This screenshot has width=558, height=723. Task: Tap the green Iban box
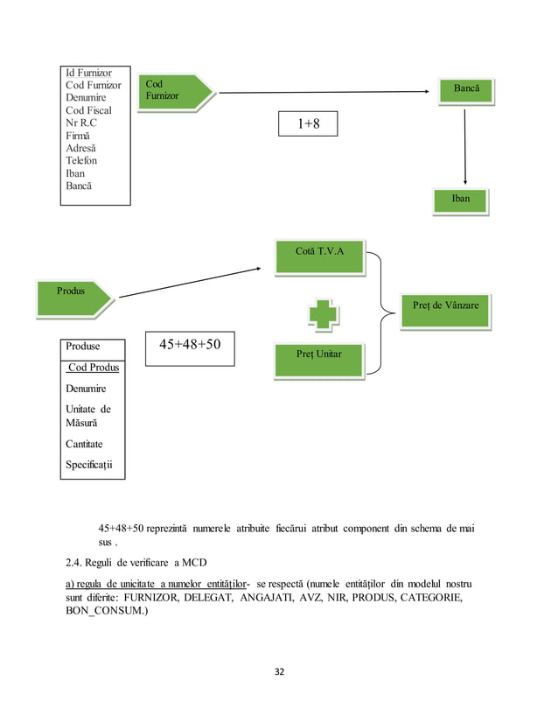point(460,200)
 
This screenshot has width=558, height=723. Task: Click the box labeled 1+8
point(307,124)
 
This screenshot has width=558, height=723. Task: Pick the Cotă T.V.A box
point(319,254)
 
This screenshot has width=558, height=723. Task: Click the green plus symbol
point(323,315)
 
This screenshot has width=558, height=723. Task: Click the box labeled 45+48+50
point(190,345)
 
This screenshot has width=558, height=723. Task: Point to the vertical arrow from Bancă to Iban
point(464,144)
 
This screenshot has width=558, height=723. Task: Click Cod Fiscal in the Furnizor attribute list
point(88,110)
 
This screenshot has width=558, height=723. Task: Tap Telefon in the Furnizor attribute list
point(81,161)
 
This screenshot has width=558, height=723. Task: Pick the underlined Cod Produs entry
point(93,367)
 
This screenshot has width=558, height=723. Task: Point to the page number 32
point(280,672)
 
